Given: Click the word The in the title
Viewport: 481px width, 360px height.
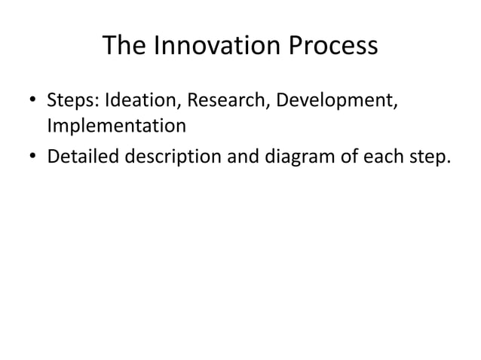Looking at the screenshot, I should click(x=124, y=47).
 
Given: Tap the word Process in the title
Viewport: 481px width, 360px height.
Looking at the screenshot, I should click(x=333, y=47).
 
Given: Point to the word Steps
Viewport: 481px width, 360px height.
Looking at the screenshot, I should click(x=71, y=100).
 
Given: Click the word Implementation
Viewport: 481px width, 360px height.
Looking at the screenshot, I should click(x=117, y=125).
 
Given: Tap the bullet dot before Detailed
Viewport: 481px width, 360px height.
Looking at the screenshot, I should click(x=34, y=156).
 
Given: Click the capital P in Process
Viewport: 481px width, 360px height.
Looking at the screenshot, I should click(x=297, y=47).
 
